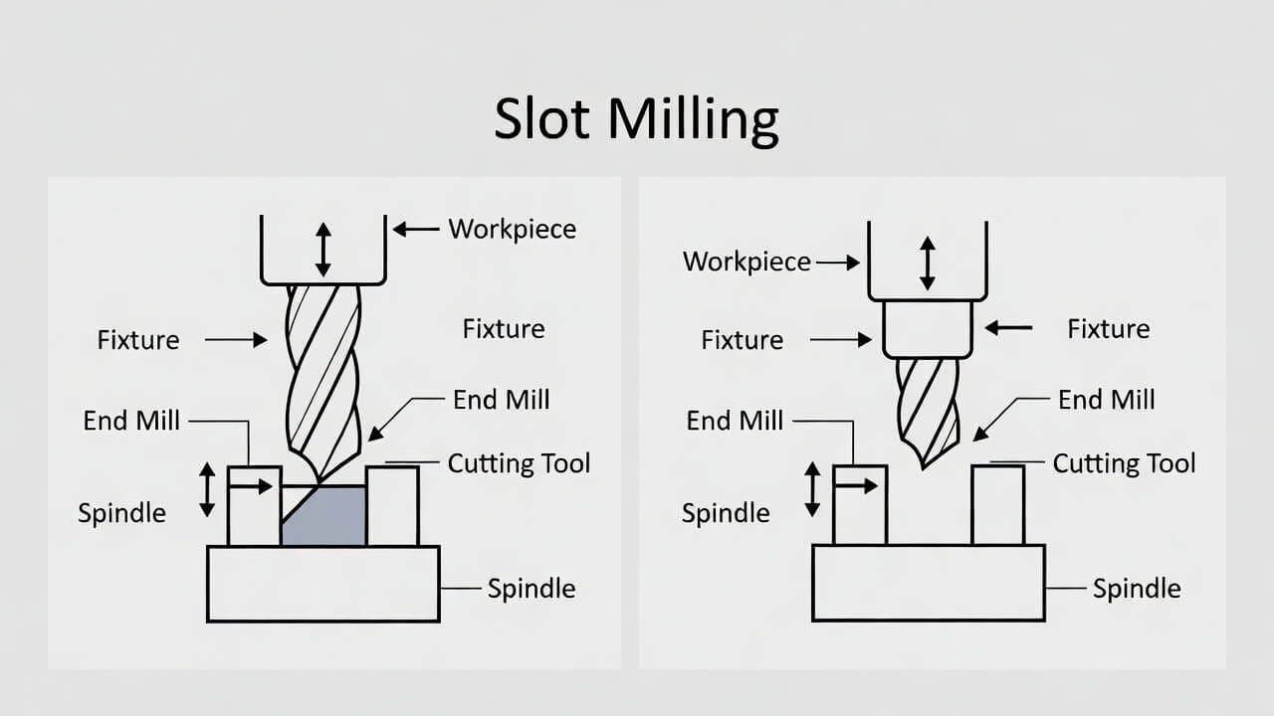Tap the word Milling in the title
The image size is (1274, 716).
[693, 121]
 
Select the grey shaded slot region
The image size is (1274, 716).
[328, 519]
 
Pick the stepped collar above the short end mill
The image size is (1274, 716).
[928, 329]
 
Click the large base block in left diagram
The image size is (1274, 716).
[323, 584]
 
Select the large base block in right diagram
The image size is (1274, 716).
[928, 583]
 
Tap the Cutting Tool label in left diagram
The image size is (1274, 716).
[519, 463]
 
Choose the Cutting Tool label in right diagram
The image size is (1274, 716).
[1124, 463]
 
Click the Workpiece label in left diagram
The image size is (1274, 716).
[512, 229]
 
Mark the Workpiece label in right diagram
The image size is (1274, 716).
[746, 263]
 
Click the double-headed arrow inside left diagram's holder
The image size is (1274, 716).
[322, 250]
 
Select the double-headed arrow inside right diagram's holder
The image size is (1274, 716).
[928, 264]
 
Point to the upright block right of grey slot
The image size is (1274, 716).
[392, 505]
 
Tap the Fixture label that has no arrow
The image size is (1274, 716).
[504, 329]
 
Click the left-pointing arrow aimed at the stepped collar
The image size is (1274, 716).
[1008, 327]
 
